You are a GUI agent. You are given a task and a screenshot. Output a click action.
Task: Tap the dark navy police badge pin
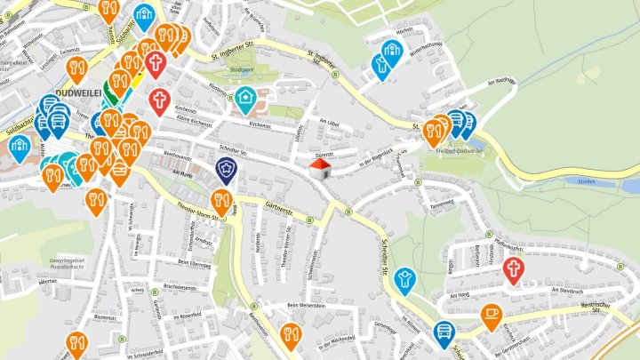tap(227, 169)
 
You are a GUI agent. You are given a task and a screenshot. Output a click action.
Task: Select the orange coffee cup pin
tap(491, 315)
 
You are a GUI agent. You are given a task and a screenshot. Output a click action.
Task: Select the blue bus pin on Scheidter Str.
tap(444, 332)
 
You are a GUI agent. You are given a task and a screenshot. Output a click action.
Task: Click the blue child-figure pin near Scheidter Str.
tap(405, 279)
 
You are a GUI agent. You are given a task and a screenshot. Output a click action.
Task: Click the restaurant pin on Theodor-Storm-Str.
tap(222, 201)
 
